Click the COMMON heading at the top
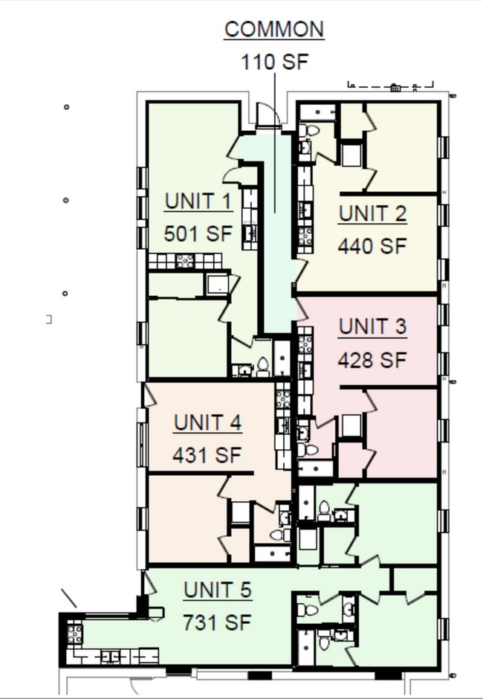(274, 30)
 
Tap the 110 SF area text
(273, 61)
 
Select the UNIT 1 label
(198, 202)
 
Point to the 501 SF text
(198, 233)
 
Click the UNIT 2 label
(372, 214)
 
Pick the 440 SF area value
(372, 246)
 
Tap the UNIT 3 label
(372, 327)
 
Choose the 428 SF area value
(372, 360)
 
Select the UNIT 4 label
(207, 423)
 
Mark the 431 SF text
(207, 455)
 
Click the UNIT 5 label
(217, 591)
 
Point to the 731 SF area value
(217, 622)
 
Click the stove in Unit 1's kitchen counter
(184, 261)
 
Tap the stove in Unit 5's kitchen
(74, 634)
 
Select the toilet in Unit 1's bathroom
(262, 366)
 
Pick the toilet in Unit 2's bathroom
(312, 131)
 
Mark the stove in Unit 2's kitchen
(305, 236)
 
